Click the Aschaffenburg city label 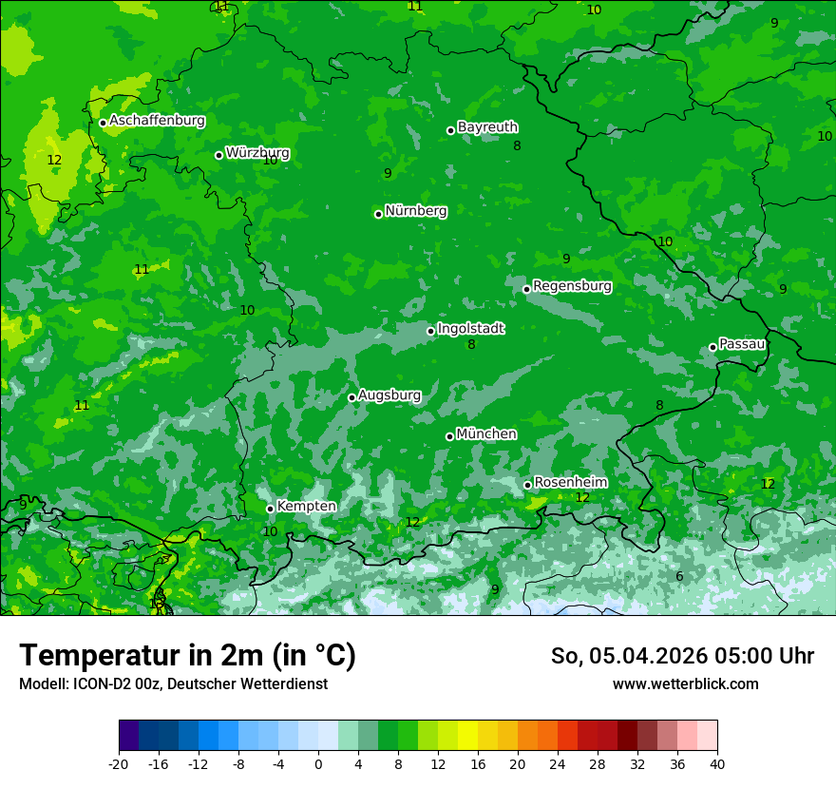coord(157,121)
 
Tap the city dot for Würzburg coord(218,155)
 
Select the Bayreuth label coord(487,127)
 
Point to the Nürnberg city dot coord(378,214)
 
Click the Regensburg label coord(572,286)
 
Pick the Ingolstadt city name coord(470,329)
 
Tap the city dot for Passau coord(712,347)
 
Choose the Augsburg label coord(389,395)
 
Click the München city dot coord(449,436)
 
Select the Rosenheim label coord(570,483)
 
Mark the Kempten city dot coord(270,509)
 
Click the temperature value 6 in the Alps coord(679,577)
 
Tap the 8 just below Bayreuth coord(517,145)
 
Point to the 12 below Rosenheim coord(582,497)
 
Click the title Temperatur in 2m coord(187,655)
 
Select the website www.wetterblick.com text coord(685,683)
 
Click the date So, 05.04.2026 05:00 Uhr coord(682,656)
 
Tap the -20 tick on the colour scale coord(119,763)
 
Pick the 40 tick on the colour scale coord(717,763)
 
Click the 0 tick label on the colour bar coord(318,763)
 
